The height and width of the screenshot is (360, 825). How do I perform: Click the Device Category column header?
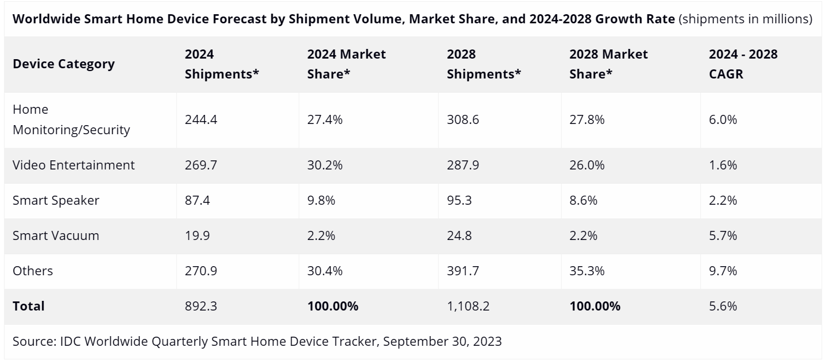tap(64, 64)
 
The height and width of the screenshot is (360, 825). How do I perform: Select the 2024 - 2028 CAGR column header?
tap(743, 64)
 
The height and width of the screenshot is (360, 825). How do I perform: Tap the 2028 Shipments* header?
tap(484, 64)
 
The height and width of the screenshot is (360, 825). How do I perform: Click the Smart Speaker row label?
tap(56, 200)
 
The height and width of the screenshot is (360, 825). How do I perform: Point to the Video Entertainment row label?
tap(73, 165)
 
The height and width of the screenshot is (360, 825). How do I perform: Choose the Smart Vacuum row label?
tap(56, 235)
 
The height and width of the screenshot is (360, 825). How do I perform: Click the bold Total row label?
tap(28, 306)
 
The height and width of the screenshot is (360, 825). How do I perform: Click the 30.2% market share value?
tap(325, 165)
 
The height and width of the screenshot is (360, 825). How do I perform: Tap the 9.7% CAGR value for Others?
tap(723, 271)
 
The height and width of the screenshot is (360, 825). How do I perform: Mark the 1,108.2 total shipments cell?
tap(468, 306)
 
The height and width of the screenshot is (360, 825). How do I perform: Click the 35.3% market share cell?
tap(587, 271)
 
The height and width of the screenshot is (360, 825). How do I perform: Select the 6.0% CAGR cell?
tap(723, 119)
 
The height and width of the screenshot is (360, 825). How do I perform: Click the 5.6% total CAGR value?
tap(723, 306)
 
